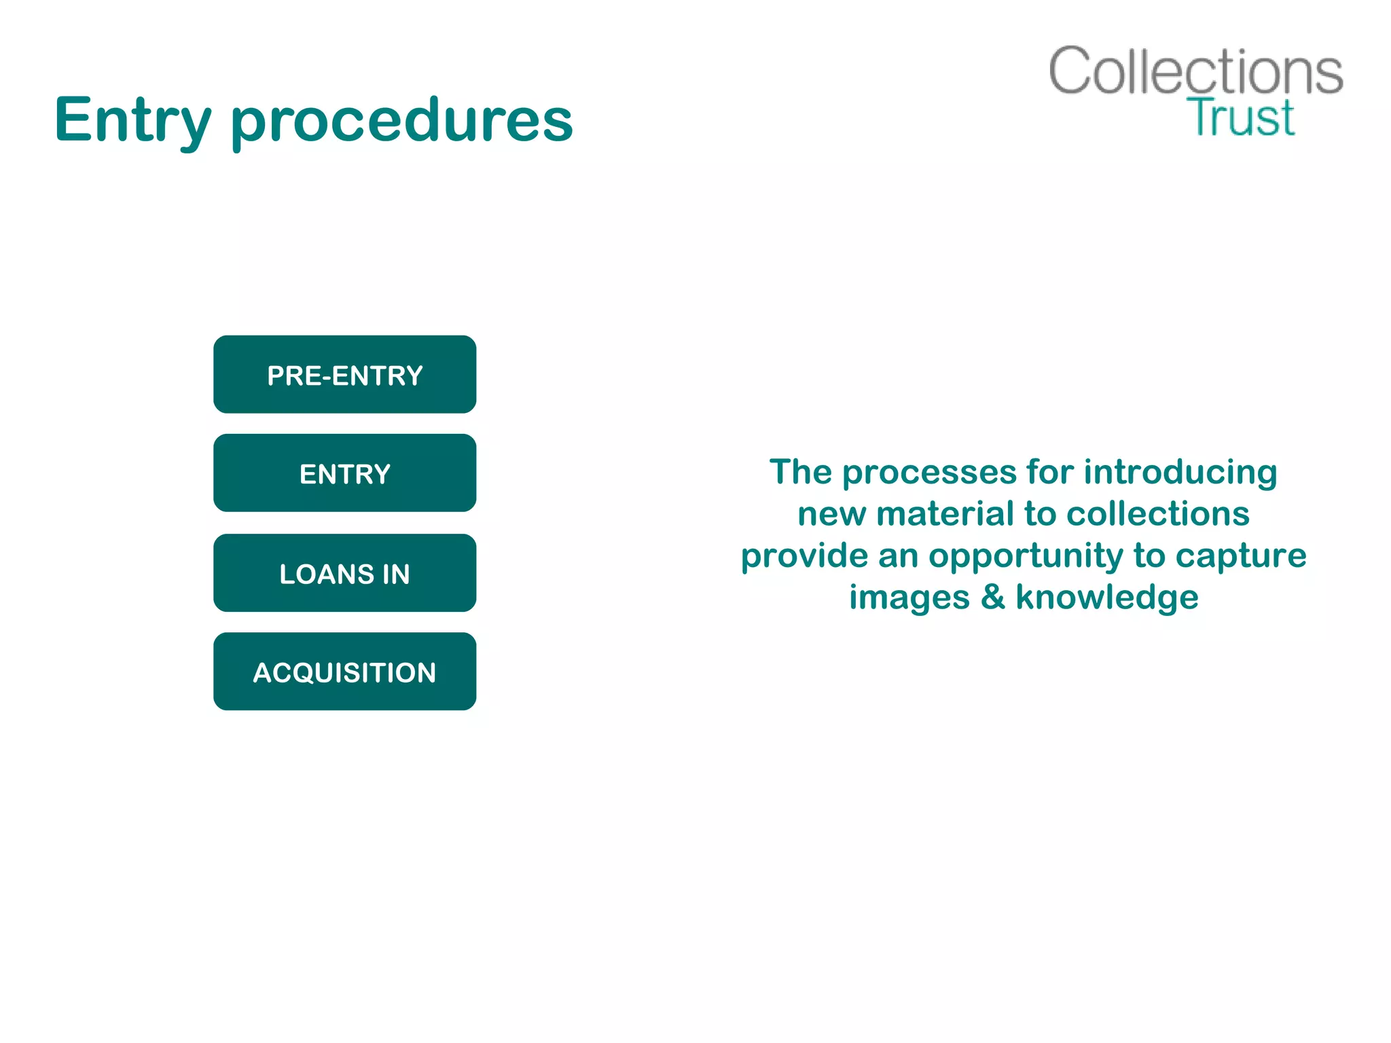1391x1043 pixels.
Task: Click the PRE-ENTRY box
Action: pos(344,375)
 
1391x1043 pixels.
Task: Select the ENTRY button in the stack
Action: pos(344,473)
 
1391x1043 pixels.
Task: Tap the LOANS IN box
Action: pos(344,573)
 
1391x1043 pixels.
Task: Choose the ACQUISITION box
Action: pos(344,672)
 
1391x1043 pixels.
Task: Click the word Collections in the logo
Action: pos(1195,71)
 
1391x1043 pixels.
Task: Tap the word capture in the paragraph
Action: pos(1241,556)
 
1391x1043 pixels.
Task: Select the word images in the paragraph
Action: pos(909,598)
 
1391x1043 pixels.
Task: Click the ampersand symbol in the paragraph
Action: pos(992,598)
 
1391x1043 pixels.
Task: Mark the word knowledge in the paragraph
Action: pos(1106,598)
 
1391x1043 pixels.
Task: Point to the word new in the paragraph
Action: pos(831,514)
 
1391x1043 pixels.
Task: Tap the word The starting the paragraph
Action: pos(800,472)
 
